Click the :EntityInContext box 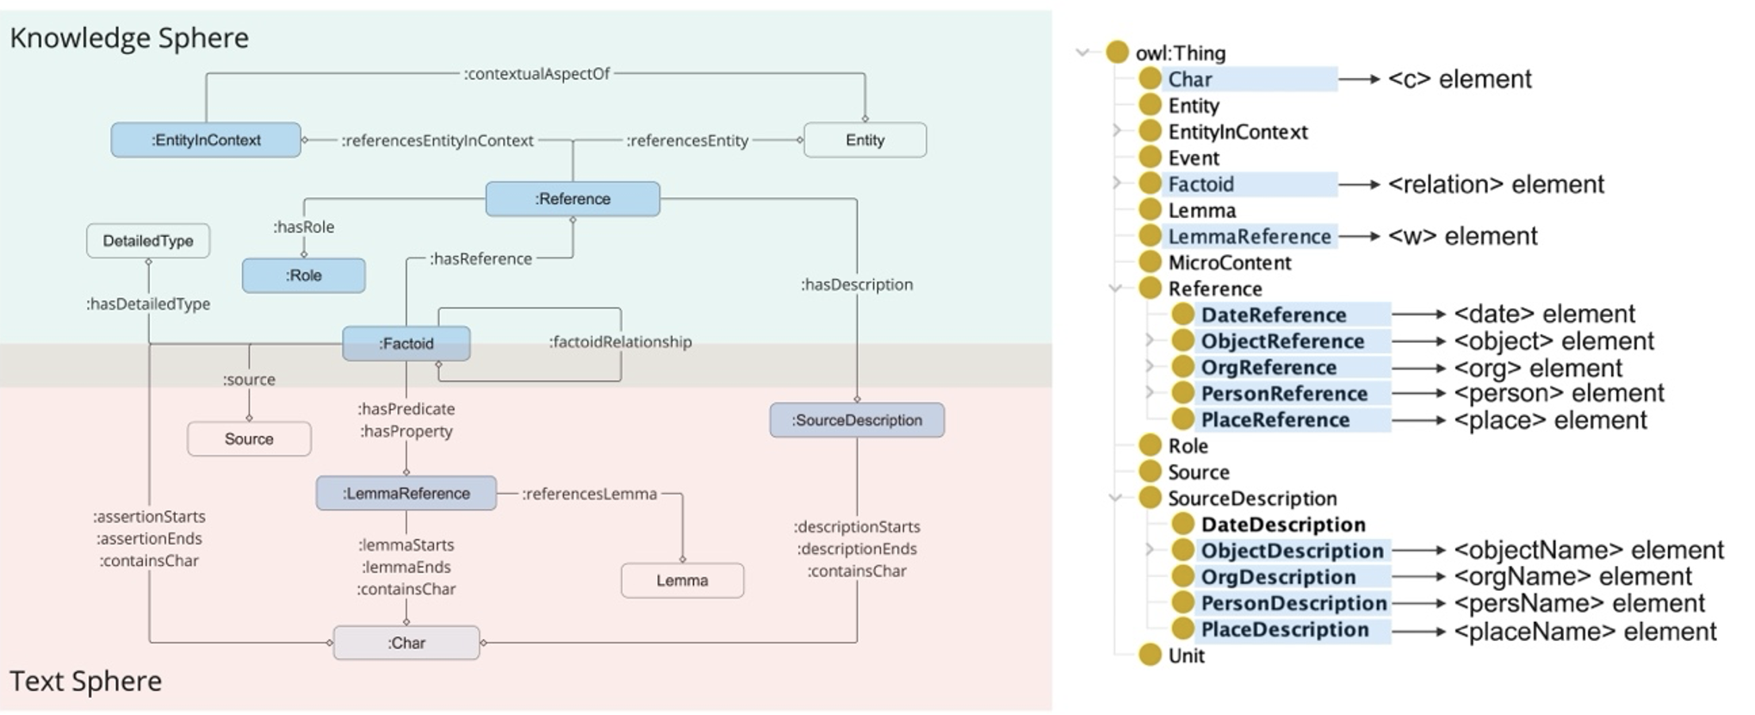tap(206, 140)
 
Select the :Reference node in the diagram tap(573, 199)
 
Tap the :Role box tap(303, 276)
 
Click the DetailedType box tap(148, 241)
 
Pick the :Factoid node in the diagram tap(406, 344)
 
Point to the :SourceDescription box tap(857, 420)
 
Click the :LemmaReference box tap(406, 494)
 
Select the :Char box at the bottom tap(406, 643)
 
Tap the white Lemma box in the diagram tap(682, 581)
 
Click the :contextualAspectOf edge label tap(536, 74)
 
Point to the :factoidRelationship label tap(620, 342)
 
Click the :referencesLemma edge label tap(589, 494)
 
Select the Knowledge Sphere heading tap(129, 38)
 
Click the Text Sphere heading tap(85, 681)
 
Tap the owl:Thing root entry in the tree tap(1181, 53)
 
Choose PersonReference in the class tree tap(1284, 394)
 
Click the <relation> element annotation tap(1496, 184)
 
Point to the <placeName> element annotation tap(1584, 631)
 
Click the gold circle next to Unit tap(1150, 656)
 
